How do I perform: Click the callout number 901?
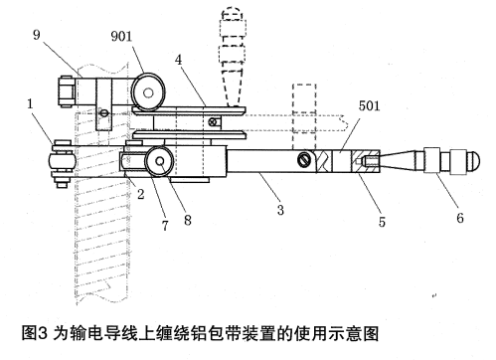point(121,36)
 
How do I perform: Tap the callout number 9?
point(37,35)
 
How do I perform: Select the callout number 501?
point(369,105)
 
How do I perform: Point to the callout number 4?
point(179,60)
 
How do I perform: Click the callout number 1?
point(30,103)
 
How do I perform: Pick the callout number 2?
point(141,194)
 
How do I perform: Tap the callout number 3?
point(280,210)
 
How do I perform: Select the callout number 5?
point(382,222)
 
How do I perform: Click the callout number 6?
point(460,218)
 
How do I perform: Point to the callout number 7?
point(165,226)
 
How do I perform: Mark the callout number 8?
point(188,220)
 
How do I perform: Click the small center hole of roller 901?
point(148,92)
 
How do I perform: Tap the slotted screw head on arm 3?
point(305,159)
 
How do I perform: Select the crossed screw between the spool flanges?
point(213,122)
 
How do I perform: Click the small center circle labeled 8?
point(160,161)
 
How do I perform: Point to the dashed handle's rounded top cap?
point(232,14)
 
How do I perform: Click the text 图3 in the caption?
point(35,333)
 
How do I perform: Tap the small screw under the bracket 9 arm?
point(104,112)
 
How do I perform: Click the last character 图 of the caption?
point(371,333)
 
